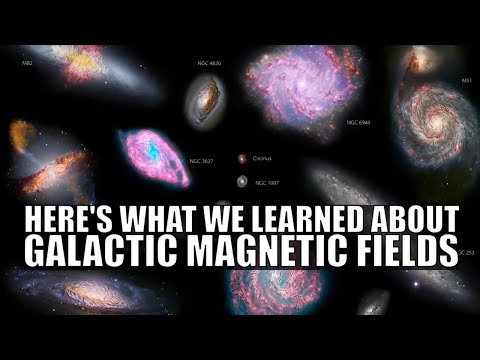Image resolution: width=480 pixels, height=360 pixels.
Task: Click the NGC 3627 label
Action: point(203,160)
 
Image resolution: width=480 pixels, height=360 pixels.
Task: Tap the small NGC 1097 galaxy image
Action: point(241,182)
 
